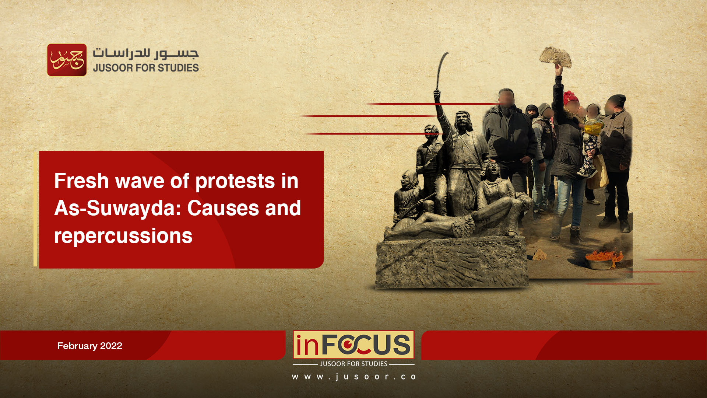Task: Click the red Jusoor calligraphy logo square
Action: click(67, 60)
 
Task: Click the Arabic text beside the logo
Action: click(146, 54)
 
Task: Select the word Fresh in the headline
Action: click(81, 181)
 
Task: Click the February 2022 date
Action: click(90, 346)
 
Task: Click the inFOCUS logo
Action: click(353, 345)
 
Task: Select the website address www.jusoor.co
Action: click(354, 377)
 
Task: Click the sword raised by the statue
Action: click(441, 70)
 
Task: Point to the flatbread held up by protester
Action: click(556, 57)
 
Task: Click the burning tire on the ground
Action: click(604, 258)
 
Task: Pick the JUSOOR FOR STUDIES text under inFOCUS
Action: click(353, 364)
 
